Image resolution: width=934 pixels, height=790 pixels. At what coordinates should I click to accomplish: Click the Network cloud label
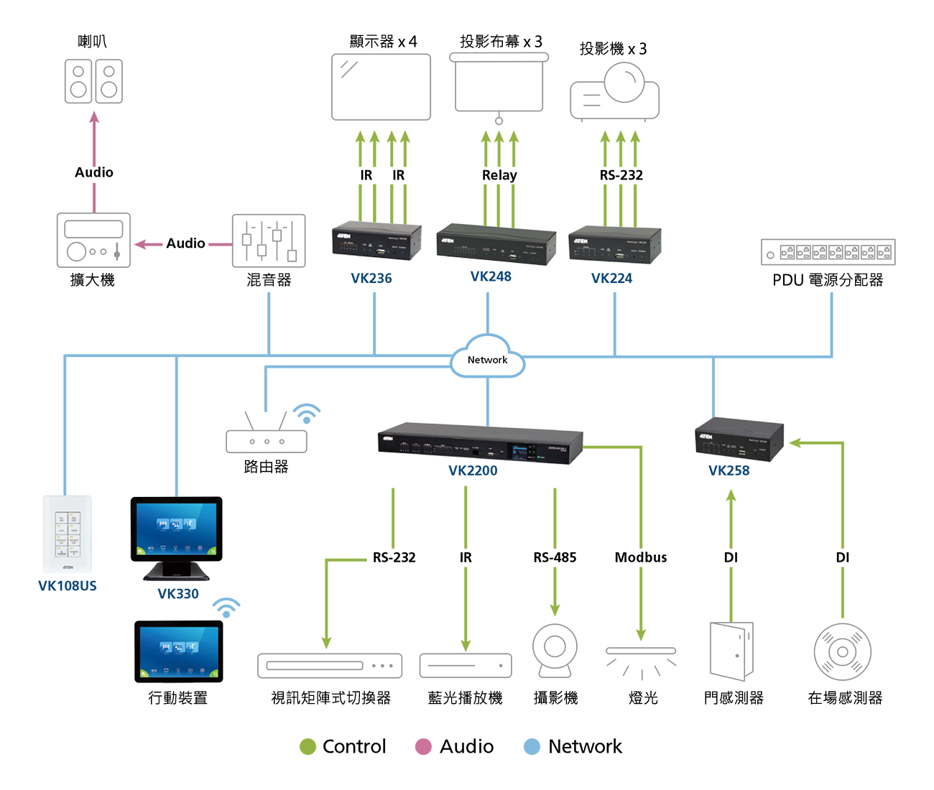coord(487,360)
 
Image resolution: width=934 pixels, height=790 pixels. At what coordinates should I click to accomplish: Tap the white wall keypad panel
coord(68,535)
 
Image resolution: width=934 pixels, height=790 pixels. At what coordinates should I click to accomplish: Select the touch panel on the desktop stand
coord(176,529)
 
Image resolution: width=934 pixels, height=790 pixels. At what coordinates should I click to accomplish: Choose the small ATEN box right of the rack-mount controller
coord(739,440)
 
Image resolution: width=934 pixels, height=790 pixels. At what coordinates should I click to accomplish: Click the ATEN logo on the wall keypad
coord(68,567)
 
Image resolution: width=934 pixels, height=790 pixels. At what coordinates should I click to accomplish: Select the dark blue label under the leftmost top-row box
coord(372,276)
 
